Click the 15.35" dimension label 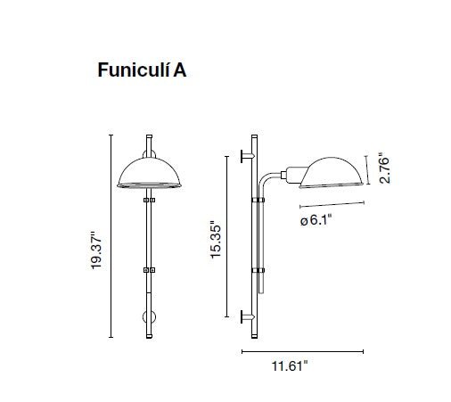213,240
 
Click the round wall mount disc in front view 146,317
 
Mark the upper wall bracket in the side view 247,157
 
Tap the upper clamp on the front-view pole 148,203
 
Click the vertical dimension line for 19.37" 111,236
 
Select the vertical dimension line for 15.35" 225,234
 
